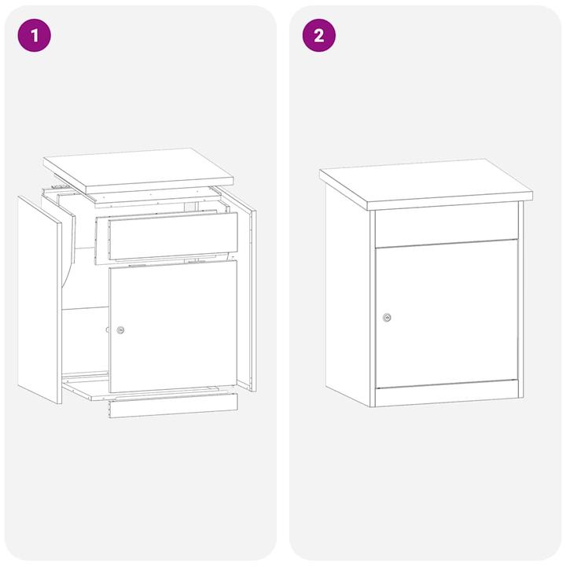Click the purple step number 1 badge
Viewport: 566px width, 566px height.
tap(34, 35)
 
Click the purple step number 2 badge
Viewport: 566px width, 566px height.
tap(319, 35)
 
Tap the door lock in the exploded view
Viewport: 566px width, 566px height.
tap(120, 330)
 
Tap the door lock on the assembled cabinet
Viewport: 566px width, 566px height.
tap(387, 318)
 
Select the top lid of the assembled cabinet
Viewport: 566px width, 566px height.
tap(424, 181)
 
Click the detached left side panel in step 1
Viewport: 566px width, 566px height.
tap(39, 299)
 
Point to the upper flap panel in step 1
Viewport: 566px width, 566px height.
tap(173, 236)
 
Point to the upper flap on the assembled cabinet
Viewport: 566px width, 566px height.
tap(446, 224)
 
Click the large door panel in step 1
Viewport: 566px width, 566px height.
tap(173, 326)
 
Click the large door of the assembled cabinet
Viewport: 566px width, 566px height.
tap(447, 314)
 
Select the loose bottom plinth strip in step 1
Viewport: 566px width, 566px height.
tap(173, 405)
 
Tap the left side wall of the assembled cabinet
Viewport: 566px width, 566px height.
tap(347, 291)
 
